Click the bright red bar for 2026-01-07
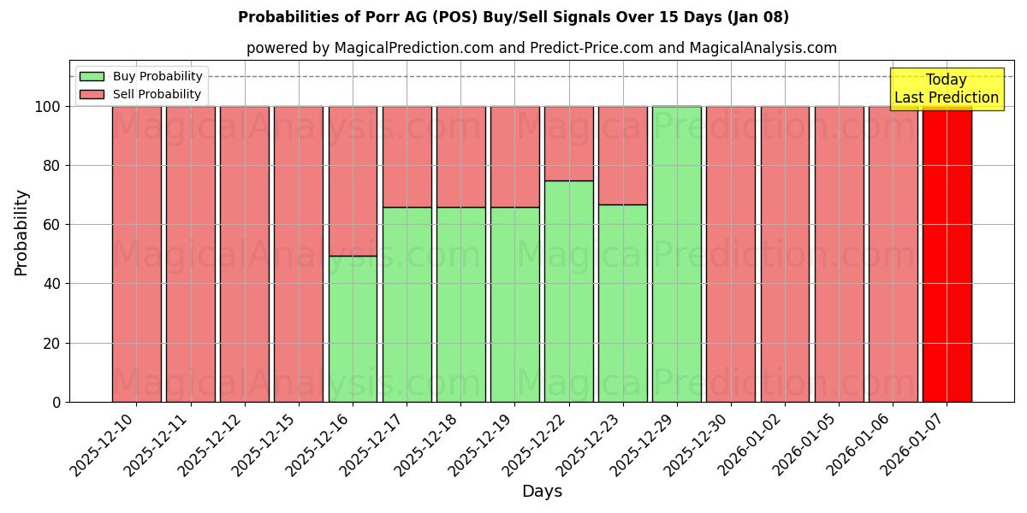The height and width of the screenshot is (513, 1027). tap(947, 254)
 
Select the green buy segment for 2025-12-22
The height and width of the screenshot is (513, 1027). tap(569, 291)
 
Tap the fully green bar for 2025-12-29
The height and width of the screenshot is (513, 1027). tap(677, 254)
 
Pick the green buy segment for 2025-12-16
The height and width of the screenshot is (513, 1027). tap(353, 328)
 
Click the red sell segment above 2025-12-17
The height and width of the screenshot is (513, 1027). tap(407, 156)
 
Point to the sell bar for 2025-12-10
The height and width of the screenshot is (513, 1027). tap(136, 254)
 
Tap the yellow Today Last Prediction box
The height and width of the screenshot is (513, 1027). tap(947, 89)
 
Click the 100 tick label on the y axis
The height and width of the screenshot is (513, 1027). tap(48, 107)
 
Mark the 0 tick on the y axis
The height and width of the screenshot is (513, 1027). tap(56, 402)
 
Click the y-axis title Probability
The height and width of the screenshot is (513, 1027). tap(21, 233)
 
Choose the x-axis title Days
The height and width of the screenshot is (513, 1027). tap(542, 492)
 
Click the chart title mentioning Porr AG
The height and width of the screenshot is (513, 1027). tap(513, 17)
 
